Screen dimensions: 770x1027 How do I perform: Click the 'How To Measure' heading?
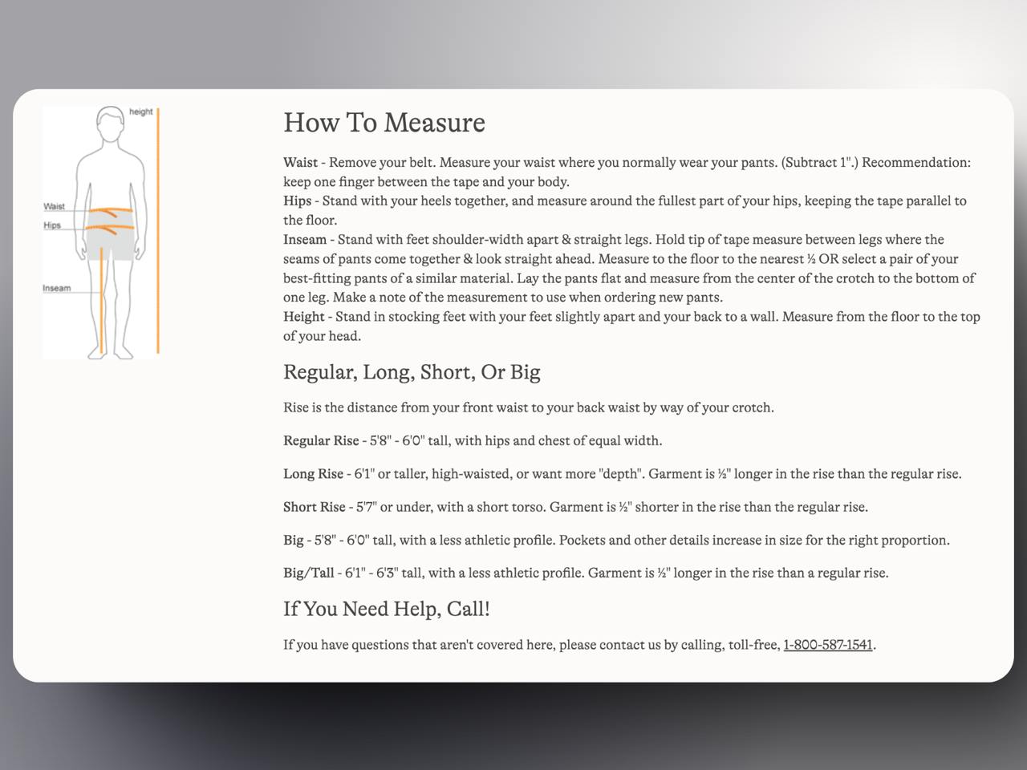(x=384, y=123)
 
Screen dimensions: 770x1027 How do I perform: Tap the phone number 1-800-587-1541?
(x=827, y=645)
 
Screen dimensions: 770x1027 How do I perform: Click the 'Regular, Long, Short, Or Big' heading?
(x=412, y=372)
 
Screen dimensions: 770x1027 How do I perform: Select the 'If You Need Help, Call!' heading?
(x=386, y=609)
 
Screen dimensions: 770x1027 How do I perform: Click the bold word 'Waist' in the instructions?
(x=300, y=163)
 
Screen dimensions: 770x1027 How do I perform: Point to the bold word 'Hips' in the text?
(x=297, y=201)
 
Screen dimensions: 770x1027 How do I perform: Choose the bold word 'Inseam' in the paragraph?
(x=305, y=240)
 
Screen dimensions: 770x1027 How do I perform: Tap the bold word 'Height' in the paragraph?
(x=304, y=317)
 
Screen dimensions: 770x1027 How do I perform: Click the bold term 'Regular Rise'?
(x=321, y=440)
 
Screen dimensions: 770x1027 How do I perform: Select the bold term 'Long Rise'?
(x=313, y=474)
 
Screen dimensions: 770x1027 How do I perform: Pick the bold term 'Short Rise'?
(x=314, y=507)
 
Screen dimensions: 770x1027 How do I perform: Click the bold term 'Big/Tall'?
(x=308, y=573)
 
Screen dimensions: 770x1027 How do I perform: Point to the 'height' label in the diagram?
(x=140, y=111)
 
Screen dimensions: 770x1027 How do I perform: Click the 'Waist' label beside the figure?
(x=54, y=206)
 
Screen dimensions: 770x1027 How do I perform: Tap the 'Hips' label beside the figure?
(x=52, y=225)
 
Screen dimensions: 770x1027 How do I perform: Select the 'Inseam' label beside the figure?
(x=57, y=288)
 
